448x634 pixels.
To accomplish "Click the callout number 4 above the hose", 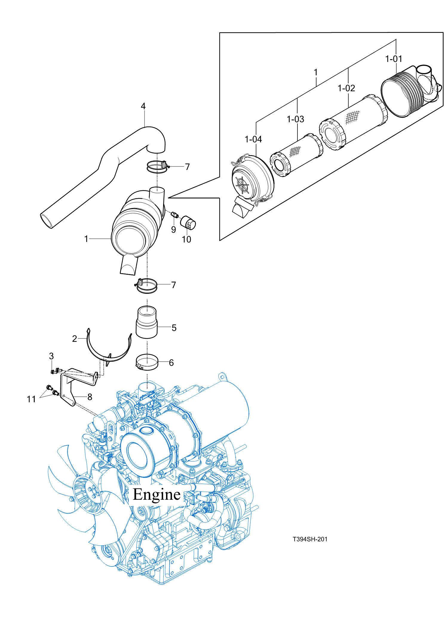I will pos(143,106).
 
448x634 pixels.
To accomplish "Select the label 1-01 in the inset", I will pos(393,59).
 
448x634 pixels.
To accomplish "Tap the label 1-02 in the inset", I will pos(346,88).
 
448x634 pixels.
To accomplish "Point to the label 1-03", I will pos(295,119).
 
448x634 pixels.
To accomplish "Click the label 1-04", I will pos(253,139).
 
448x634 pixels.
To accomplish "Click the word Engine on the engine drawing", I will pos(157,494).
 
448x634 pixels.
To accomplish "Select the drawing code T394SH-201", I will pos(310,539).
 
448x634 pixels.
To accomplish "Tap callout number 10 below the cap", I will pos(186,239).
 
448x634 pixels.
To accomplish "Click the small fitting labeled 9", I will pos(174,214).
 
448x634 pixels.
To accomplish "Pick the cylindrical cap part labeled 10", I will pos(188,223).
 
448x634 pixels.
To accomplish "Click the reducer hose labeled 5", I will pos(147,323).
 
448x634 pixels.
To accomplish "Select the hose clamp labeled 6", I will pos(147,362).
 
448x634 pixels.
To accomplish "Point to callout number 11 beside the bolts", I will pos(31,399).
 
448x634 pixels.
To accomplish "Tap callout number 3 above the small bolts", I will pos(51,356).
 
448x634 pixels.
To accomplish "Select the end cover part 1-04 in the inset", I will pos(252,179).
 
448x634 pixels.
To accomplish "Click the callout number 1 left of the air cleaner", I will pos(86,239).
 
